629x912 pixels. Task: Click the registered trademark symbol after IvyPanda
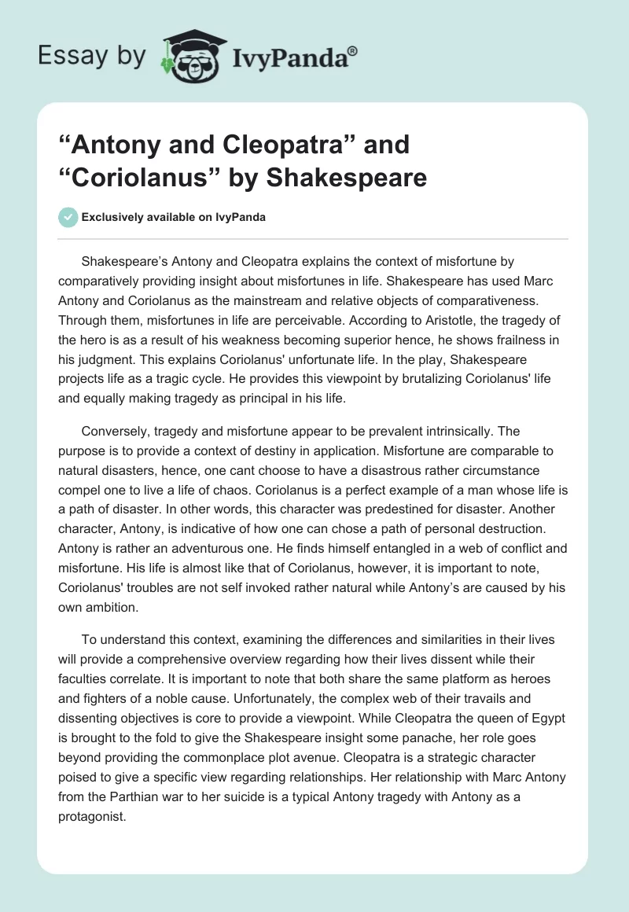(x=353, y=51)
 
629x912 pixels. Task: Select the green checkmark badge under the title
(x=68, y=217)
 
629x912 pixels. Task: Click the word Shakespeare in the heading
(x=347, y=177)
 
